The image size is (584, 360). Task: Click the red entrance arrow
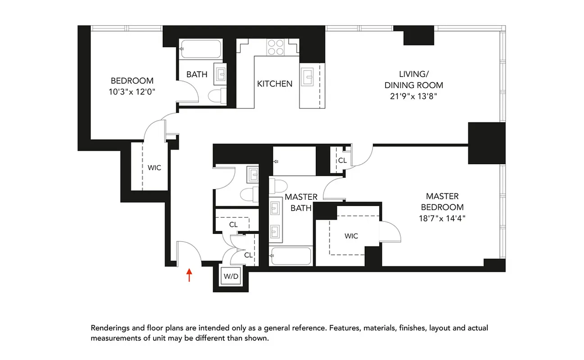pyautogui.click(x=189, y=274)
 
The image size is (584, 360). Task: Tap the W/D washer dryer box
pyautogui.click(x=231, y=276)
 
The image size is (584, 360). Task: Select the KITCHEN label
pyautogui.click(x=275, y=84)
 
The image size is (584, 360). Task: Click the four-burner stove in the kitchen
pyautogui.click(x=276, y=47)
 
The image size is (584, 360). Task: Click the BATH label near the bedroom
pyautogui.click(x=197, y=74)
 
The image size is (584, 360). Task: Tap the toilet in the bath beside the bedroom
pyautogui.click(x=218, y=96)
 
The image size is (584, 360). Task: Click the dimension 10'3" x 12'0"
pyautogui.click(x=132, y=91)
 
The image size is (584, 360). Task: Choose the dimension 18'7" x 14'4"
pyautogui.click(x=442, y=219)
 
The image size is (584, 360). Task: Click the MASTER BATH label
pyautogui.click(x=301, y=202)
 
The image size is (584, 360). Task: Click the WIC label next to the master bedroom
pyautogui.click(x=351, y=236)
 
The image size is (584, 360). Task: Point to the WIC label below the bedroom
pyautogui.click(x=154, y=168)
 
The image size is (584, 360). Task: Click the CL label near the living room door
pyautogui.click(x=342, y=160)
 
